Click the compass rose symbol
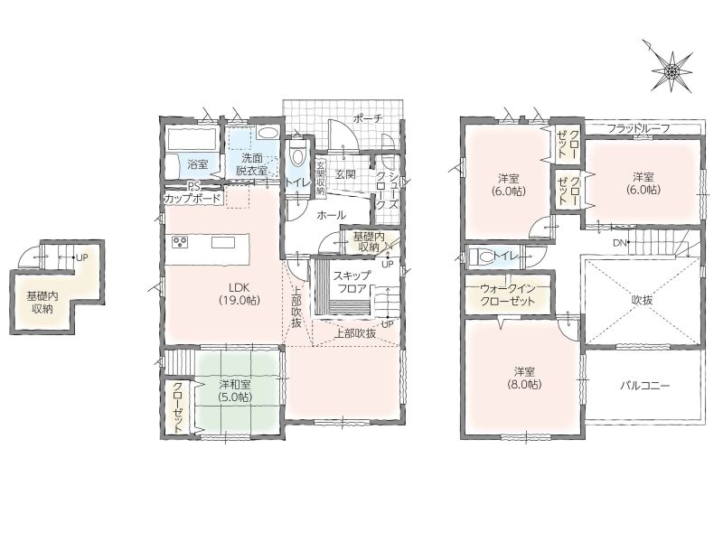click(671, 70)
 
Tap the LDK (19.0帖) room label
click(239, 294)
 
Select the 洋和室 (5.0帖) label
click(235, 390)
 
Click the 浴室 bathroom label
click(198, 164)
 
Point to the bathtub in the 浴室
click(192, 138)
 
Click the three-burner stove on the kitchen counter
click(180, 241)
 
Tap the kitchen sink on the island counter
click(223, 242)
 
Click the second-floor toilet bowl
click(482, 257)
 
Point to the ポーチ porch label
click(368, 118)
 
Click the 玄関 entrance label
click(345, 174)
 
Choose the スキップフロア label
click(352, 282)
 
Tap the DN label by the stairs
click(619, 242)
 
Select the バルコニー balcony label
click(644, 386)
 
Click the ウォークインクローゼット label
click(508, 295)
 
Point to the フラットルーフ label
click(638, 128)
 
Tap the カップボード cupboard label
click(192, 200)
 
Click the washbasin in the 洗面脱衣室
click(267, 133)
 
